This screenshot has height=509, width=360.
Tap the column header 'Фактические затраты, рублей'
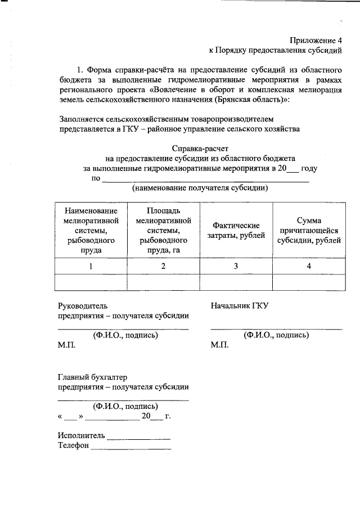(x=236, y=230)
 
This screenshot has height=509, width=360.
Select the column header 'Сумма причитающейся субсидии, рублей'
(x=309, y=231)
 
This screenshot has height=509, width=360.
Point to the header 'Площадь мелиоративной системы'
(x=163, y=230)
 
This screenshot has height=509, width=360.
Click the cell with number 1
(x=91, y=266)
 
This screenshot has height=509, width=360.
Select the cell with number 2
(x=163, y=266)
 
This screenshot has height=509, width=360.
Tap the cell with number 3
(x=236, y=266)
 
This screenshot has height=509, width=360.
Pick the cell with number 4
(x=309, y=266)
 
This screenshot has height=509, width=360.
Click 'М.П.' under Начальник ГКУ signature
(x=219, y=345)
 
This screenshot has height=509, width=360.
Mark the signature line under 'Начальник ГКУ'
(x=276, y=328)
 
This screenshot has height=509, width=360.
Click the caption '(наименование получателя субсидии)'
(x=200, y=188)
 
